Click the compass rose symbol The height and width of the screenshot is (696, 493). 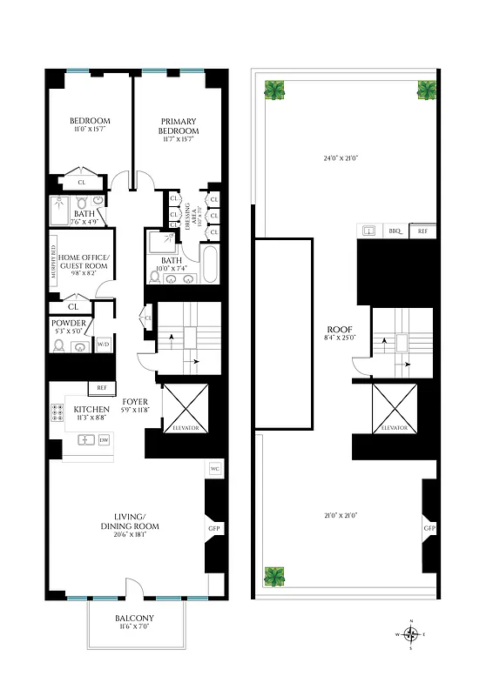click(414, 633)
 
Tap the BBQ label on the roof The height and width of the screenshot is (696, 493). click(395, 231)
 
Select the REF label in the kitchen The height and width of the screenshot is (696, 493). click(101, 388)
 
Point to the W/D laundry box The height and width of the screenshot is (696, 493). click(103, 345)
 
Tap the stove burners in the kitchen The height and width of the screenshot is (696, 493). click(57, 413)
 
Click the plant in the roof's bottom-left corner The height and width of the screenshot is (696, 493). click(276, 576)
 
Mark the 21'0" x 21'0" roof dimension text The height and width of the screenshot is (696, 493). click(342, 516)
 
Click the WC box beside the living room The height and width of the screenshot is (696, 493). click(214, 470)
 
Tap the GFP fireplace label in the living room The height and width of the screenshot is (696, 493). click(213, 528)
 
